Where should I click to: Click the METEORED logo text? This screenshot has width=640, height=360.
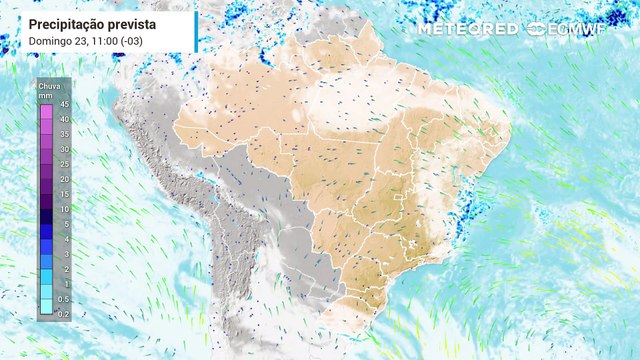coord(467,28)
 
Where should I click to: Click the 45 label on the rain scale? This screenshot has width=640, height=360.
coord(63,104)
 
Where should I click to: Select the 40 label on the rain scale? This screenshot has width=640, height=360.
coord(63,119)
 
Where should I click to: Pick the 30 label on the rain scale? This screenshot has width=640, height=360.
coord(63,149)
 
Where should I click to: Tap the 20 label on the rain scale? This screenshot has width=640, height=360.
coord(63,179)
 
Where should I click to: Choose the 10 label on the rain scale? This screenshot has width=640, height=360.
coord(63,209)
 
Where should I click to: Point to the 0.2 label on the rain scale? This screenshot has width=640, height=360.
coord(64,314)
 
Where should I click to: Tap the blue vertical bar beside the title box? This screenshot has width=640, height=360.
coord(196,31)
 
